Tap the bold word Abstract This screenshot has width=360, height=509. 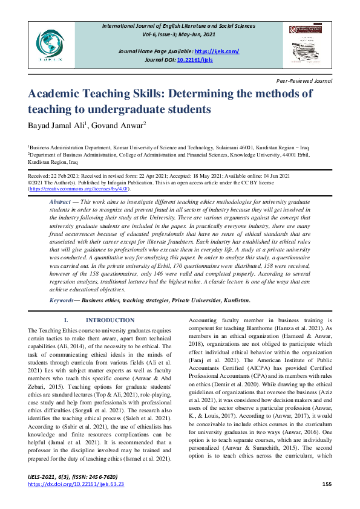[x=60, y=200]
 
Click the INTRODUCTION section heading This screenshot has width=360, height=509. [x=110, y=320]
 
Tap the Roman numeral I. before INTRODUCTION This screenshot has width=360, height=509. [x=66, y=320]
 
